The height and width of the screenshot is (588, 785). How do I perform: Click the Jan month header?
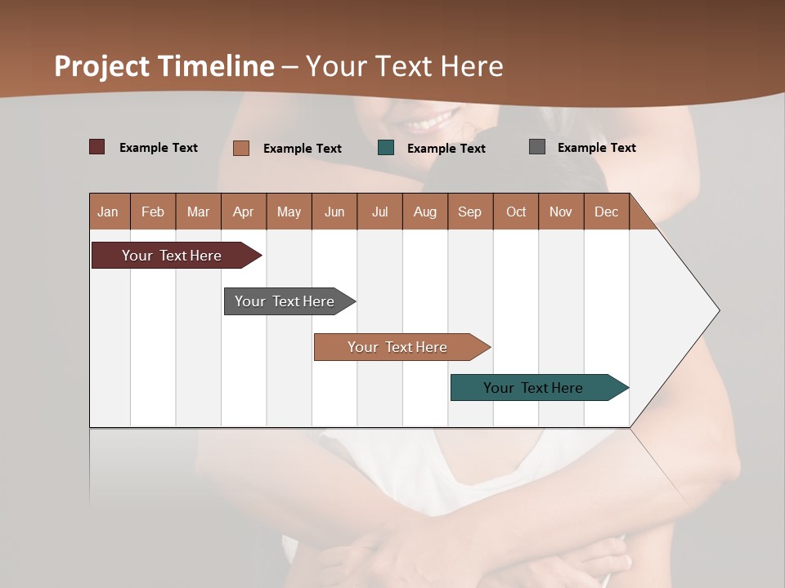pyautogui.click(x=108, y=212)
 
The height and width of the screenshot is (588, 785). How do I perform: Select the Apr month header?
pyautogui.click(x=243, y=212)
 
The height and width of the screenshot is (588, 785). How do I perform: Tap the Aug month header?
pyautogui.click(x=424, y=212)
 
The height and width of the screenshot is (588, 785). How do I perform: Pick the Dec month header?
pyautogui.click(x=606, y=212)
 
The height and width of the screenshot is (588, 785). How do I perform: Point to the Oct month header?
pyautogui.click(x=515, y=212)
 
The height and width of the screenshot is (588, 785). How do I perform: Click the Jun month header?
pyautogui.click(x=334, y=212)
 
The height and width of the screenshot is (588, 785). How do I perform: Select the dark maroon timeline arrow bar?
pyautogui.click(x=172, y=256)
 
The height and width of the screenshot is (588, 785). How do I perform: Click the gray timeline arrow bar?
pyautogui.click(x=285, y=301)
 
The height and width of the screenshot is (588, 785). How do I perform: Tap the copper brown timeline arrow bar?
pyautogui.click(x=397, y=347)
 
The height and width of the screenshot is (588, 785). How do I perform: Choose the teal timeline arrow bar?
pyautogui.click(x=533, y=388)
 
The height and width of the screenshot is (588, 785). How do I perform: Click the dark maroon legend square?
pyautogui.click(x=96, y=147)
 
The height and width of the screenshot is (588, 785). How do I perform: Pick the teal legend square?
pyautogui.click(x=386, y=148)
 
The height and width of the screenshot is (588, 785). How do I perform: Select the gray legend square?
pyautogui.click(x=536, y=147)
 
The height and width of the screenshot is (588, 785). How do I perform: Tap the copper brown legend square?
pyautogui.click(x=241, y=148)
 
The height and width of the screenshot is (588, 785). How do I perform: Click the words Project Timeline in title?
pyautogui.click(x=164, y=66)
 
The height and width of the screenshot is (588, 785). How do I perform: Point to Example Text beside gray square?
pyautogui.click(x=596, y=148)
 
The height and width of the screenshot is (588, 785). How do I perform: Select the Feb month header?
pyautogui.click(x=153, y=212)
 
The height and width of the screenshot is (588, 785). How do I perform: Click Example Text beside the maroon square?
pyautogui.click(x=158, y=148)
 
